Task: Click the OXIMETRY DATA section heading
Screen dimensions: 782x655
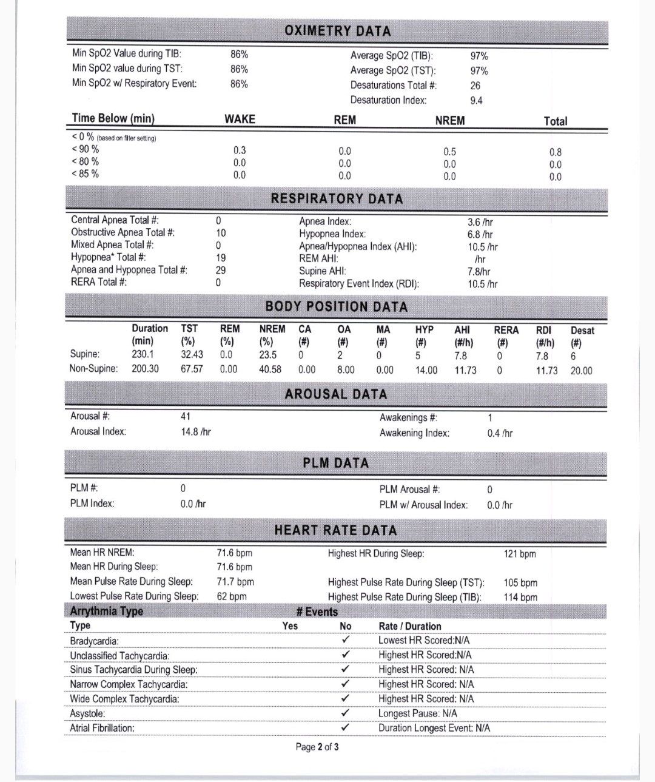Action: coord(337,31)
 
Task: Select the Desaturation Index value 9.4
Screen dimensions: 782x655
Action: coord(476,101)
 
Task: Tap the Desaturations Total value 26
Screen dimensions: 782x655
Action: coord(475,86)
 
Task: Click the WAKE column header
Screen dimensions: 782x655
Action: coord(240,120)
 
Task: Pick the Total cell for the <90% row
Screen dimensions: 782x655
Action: coord(555,152)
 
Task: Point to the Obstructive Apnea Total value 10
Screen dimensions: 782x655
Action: coord(221,233)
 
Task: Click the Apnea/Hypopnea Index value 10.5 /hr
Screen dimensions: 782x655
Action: coord(483,247)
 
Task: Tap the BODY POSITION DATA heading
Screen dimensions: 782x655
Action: coord(336,307)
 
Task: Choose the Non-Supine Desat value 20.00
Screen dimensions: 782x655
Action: coord(581,371)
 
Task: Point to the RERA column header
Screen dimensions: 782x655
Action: coord(506,330)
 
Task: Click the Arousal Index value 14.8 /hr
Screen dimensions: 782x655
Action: coord(196,432)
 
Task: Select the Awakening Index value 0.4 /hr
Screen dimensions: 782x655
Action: coord(500,433)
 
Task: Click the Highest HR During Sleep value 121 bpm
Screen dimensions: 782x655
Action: coord(520,554)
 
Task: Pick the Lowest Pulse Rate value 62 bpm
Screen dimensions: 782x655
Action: coord(232,596)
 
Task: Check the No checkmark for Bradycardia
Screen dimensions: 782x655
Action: coord(346,640)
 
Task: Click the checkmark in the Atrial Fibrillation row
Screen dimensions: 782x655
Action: coord(346,727)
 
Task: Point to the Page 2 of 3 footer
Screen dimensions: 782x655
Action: coord(317,747)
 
